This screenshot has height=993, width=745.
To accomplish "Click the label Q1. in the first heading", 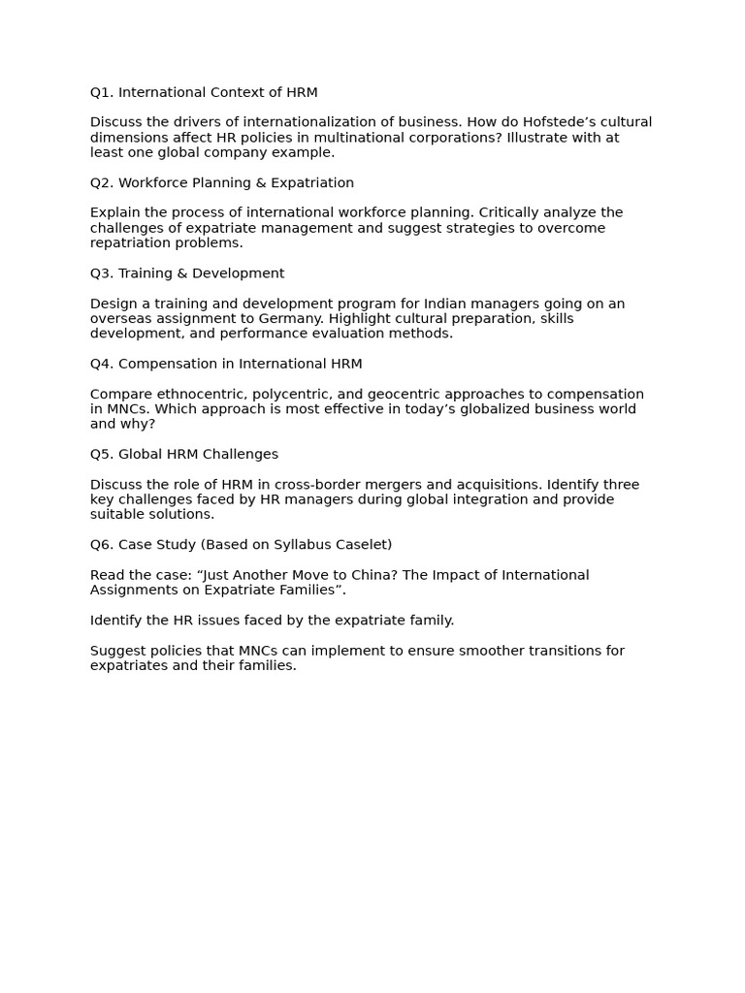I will [x=102, y=93].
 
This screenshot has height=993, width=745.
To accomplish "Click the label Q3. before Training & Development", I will [x=102, y=273].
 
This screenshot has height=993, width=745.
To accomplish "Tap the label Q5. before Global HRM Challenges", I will [x=102, y=455].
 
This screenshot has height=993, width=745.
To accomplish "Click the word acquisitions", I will [x=488, y=485].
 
